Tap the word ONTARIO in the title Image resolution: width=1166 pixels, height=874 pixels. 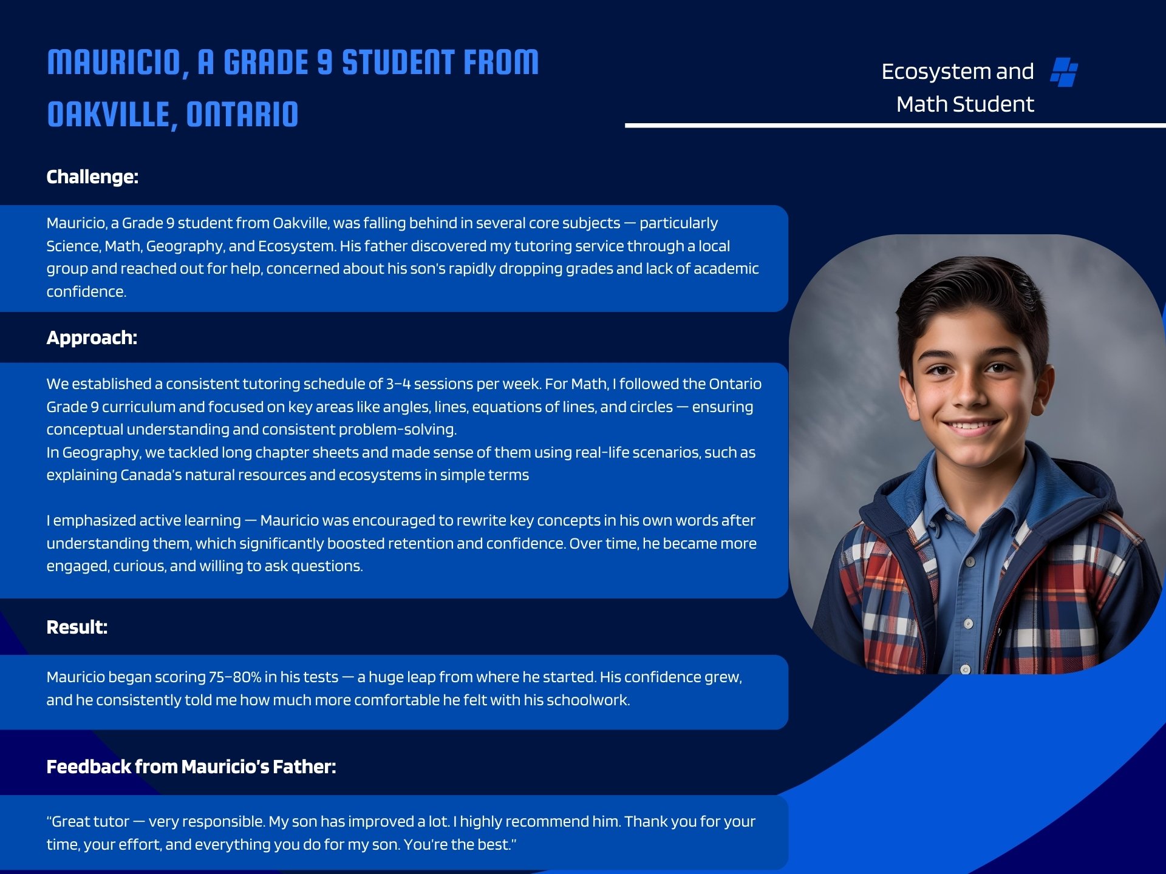point(242,115)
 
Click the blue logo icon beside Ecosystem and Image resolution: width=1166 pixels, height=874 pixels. point(1064,72)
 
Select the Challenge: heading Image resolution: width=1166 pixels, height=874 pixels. point(92,177)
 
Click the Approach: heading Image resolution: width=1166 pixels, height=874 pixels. point(92,338)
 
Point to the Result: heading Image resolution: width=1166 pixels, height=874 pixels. point(77,628)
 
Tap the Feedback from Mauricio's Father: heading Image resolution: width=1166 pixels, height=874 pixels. point(191,767)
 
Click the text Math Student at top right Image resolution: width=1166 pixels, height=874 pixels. point(964,104)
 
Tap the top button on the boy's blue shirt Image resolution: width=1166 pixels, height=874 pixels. point(970,562)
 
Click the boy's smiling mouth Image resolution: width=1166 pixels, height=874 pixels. point(970,426)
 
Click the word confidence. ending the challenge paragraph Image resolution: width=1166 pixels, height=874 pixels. point(86,292)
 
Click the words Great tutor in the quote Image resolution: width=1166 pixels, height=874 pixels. point(90,822)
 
